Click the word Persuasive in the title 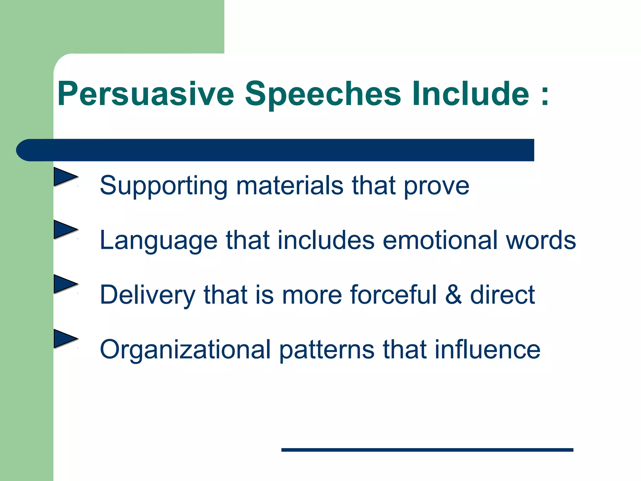tap(146, 94)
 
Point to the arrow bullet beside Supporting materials tap(65, 177)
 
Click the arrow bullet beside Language tap(65, 230)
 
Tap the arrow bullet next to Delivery tap(65, 284)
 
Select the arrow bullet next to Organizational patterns tap(65, 339)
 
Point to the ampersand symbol tap(453, 295)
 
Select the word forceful tap(393, 295)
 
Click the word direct tap(502, 295)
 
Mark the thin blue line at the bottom tap(427, 450)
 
